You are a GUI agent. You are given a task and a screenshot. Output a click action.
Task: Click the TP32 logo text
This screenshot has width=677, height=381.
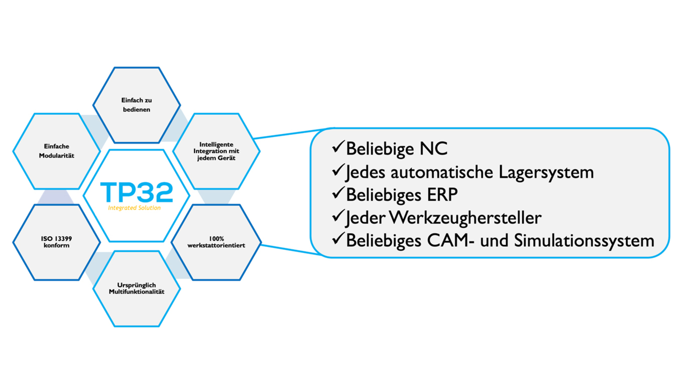137,192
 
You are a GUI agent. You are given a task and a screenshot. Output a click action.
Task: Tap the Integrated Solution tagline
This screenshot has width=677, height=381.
134,208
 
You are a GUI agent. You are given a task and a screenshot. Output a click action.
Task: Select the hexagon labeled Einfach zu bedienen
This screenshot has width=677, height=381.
137,105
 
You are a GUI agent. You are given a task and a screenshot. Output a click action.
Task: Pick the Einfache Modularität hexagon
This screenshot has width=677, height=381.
56,151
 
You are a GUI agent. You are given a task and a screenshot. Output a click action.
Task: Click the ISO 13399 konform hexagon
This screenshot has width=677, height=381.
56,242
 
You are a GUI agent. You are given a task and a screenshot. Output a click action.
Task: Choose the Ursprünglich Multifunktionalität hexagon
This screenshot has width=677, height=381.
137,288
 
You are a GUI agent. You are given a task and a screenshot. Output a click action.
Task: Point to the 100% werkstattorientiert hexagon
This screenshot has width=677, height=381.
216,242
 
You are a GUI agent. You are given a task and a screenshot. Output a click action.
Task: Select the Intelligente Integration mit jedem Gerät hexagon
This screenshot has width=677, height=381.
216,151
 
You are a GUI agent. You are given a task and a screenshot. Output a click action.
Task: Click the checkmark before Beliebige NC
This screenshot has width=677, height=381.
338,147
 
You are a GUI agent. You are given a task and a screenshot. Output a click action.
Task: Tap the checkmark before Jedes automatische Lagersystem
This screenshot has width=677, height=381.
338,170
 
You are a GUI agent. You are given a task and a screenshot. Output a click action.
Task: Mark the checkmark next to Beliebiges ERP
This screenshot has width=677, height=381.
338,193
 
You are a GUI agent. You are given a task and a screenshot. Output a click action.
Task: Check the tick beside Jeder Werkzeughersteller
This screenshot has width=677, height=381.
338,216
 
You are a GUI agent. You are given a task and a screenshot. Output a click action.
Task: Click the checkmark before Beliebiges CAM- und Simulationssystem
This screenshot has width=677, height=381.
338,239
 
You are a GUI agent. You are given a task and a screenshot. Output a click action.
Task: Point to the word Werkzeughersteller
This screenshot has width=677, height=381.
465,218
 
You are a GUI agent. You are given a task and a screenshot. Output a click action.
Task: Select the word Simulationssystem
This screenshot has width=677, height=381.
584,241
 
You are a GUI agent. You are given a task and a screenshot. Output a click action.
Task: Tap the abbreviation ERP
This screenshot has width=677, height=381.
442,195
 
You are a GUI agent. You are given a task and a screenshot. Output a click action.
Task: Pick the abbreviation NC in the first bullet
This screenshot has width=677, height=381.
433,149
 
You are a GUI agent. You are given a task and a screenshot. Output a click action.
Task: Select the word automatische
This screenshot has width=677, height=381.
442,172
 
